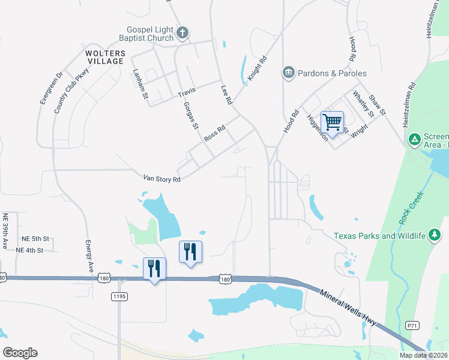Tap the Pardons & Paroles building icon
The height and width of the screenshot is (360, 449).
click(x=289, y=73)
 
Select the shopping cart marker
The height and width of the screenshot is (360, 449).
click(x=332, y=122)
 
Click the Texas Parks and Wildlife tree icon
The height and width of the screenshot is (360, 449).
click(x=435, y=236)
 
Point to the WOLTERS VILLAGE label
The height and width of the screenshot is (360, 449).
click(x=100, y=57)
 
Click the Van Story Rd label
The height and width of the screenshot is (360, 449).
click(x=161, y=178)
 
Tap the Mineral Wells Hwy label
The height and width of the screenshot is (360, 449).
click(x=348, y=307)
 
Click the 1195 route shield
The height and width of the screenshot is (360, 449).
click(x=119, y=296)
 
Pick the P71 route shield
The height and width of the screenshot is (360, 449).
click(x=412, y=325)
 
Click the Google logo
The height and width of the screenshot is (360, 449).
click(x=20, y=353)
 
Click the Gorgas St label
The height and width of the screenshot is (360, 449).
click(x=191, y=115)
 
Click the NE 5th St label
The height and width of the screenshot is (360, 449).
click(x=35, y=238)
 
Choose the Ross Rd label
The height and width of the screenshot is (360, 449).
click(x=214, y=133)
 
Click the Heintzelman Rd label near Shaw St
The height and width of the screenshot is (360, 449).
click(x=412, y=99)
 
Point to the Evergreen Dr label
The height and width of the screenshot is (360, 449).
click(x=51, y=88)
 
